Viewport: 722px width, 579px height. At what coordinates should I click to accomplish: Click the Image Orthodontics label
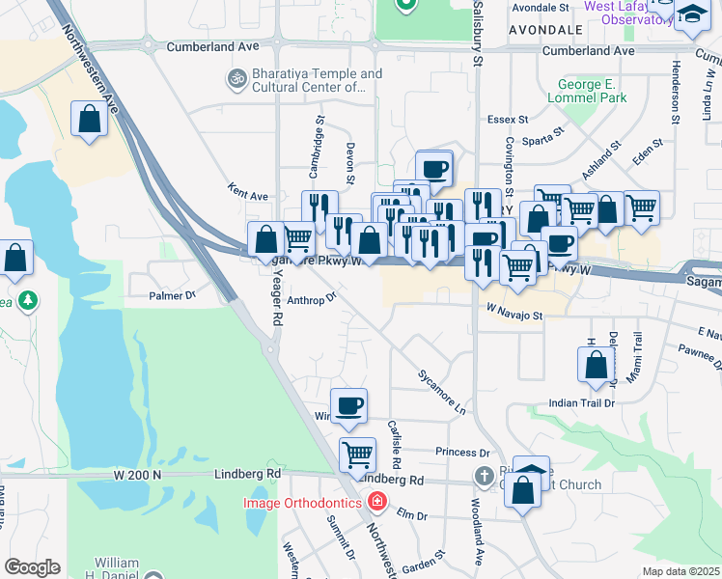pyautogui.click(x=303, y=502)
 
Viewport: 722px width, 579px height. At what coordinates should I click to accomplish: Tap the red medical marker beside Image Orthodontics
pyautogui.click(x=375, y=502)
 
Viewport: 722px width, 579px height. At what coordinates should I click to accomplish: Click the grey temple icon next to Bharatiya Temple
pyautogui.click(x=236, y=76)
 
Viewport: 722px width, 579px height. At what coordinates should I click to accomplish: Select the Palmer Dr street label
pyautogui.click(x=173, y=294)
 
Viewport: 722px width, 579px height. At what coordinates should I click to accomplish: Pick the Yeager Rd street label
pyautogui.click(x=276, y=297)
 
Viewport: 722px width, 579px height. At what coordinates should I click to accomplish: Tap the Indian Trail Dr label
pyautogui.click(x=581, y=403)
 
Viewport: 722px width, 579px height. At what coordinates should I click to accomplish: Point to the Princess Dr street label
pyautogui.click(x=462, y=452)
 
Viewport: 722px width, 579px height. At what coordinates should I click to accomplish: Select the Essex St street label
pyautogui.click(x=508, y=120)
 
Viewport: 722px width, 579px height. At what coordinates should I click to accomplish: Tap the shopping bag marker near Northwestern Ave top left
pyautogui.click(x=89, y=120)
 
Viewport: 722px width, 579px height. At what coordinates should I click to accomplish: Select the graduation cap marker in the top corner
pyautogui.click(x=692, y=14)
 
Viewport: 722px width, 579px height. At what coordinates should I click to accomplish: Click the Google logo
pyautogui.click(x=32, y=567)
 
